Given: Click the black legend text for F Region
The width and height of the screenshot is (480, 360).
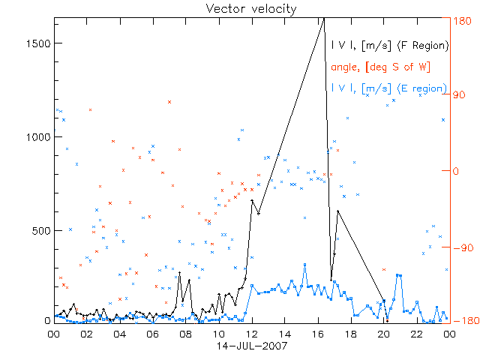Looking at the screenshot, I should point(389,46).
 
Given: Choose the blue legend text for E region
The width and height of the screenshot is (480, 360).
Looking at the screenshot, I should point(389,88).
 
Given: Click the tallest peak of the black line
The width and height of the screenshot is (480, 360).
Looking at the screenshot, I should point(324,19).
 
